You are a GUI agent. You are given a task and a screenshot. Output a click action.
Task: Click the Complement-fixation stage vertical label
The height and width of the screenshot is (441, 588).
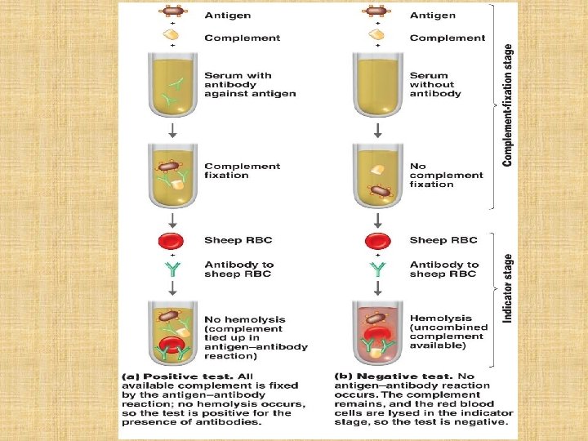coord(508,105)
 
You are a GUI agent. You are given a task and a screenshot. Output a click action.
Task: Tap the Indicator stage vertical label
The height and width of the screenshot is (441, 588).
coord(508,287)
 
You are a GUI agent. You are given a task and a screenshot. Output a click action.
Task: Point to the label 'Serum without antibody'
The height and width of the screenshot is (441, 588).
coord(435,85)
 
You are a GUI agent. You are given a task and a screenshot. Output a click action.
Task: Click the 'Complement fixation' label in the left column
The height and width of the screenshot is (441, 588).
coord(242,171)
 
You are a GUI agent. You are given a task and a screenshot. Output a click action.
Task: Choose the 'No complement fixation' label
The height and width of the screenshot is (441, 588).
coord(446,175)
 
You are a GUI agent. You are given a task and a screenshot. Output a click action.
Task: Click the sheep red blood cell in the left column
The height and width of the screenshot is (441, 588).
coord(173,241)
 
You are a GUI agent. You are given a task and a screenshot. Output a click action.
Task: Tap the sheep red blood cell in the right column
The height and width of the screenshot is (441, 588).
coord(377,241)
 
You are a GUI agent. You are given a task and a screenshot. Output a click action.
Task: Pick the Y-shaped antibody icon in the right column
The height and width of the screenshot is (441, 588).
coord(377,269)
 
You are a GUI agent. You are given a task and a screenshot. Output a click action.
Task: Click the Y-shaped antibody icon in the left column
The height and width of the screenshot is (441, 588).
coord(173,269)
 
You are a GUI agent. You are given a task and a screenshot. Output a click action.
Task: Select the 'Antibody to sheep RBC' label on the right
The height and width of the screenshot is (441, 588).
coord(444,269)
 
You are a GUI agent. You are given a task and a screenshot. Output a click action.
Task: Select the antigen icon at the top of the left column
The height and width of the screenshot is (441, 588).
coord(171,12)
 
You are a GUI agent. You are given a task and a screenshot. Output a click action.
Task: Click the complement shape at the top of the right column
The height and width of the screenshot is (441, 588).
coord(376,34)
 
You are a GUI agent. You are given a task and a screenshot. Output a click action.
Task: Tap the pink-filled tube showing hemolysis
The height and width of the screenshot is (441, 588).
coord(377,332)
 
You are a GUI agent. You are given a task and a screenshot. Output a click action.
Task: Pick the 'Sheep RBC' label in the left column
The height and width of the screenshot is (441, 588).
coord(238,240)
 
